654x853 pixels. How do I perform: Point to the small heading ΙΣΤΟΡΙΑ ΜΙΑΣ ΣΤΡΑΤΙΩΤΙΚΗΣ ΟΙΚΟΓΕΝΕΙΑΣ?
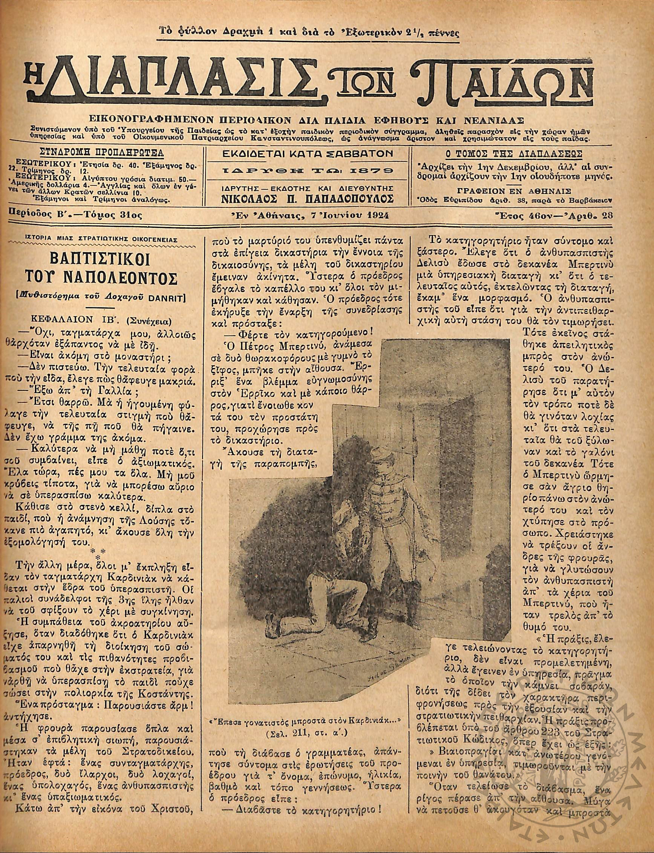tap(101, 239)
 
